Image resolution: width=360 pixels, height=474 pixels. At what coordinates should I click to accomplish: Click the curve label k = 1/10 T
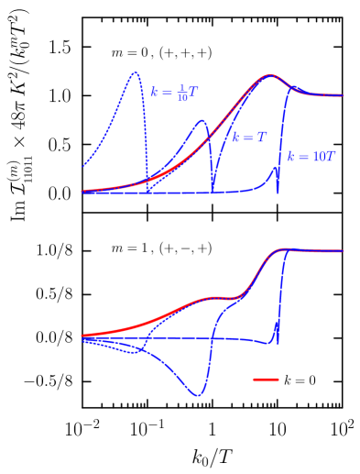175,93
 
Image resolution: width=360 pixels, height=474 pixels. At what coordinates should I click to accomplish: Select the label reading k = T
249,138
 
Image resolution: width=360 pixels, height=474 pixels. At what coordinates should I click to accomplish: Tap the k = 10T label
311,157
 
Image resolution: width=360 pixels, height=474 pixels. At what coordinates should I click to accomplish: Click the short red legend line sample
266,379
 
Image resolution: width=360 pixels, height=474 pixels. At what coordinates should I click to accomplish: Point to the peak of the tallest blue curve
136,72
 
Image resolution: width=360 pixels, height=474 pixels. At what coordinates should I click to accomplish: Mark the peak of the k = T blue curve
203,120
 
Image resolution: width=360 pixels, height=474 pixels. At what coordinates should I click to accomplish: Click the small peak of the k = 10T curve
273,168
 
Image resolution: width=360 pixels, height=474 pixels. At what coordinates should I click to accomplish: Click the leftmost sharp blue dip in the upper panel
147,190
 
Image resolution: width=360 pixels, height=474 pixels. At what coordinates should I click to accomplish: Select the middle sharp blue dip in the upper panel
213,191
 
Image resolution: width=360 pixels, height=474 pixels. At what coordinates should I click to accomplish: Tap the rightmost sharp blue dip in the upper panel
278,192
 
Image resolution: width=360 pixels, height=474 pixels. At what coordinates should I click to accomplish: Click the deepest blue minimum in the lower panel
197,396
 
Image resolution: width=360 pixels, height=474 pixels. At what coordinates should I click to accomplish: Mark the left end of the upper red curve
82,192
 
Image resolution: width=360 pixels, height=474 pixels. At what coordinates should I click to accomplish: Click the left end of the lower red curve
82,336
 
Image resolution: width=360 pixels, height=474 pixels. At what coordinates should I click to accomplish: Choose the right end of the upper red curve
344,94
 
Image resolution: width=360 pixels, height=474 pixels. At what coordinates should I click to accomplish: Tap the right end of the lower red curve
344,250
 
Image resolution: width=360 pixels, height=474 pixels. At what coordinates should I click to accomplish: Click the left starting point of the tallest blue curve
82,167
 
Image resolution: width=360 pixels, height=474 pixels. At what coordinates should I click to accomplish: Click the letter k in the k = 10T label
290,158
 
